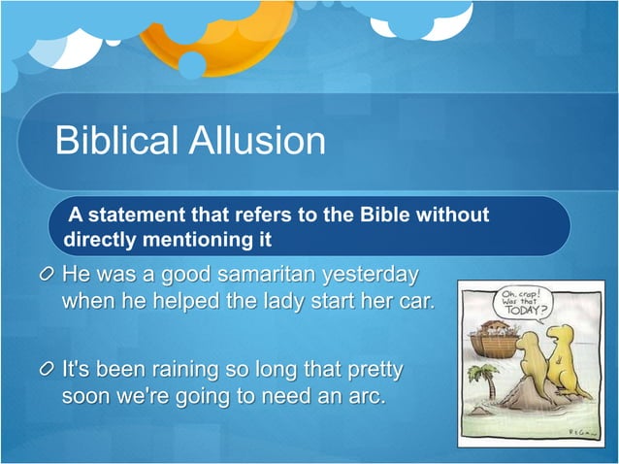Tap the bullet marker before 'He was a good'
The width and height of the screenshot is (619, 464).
(x=47, y=274)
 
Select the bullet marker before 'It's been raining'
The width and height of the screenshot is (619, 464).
(x=47, y=371)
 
